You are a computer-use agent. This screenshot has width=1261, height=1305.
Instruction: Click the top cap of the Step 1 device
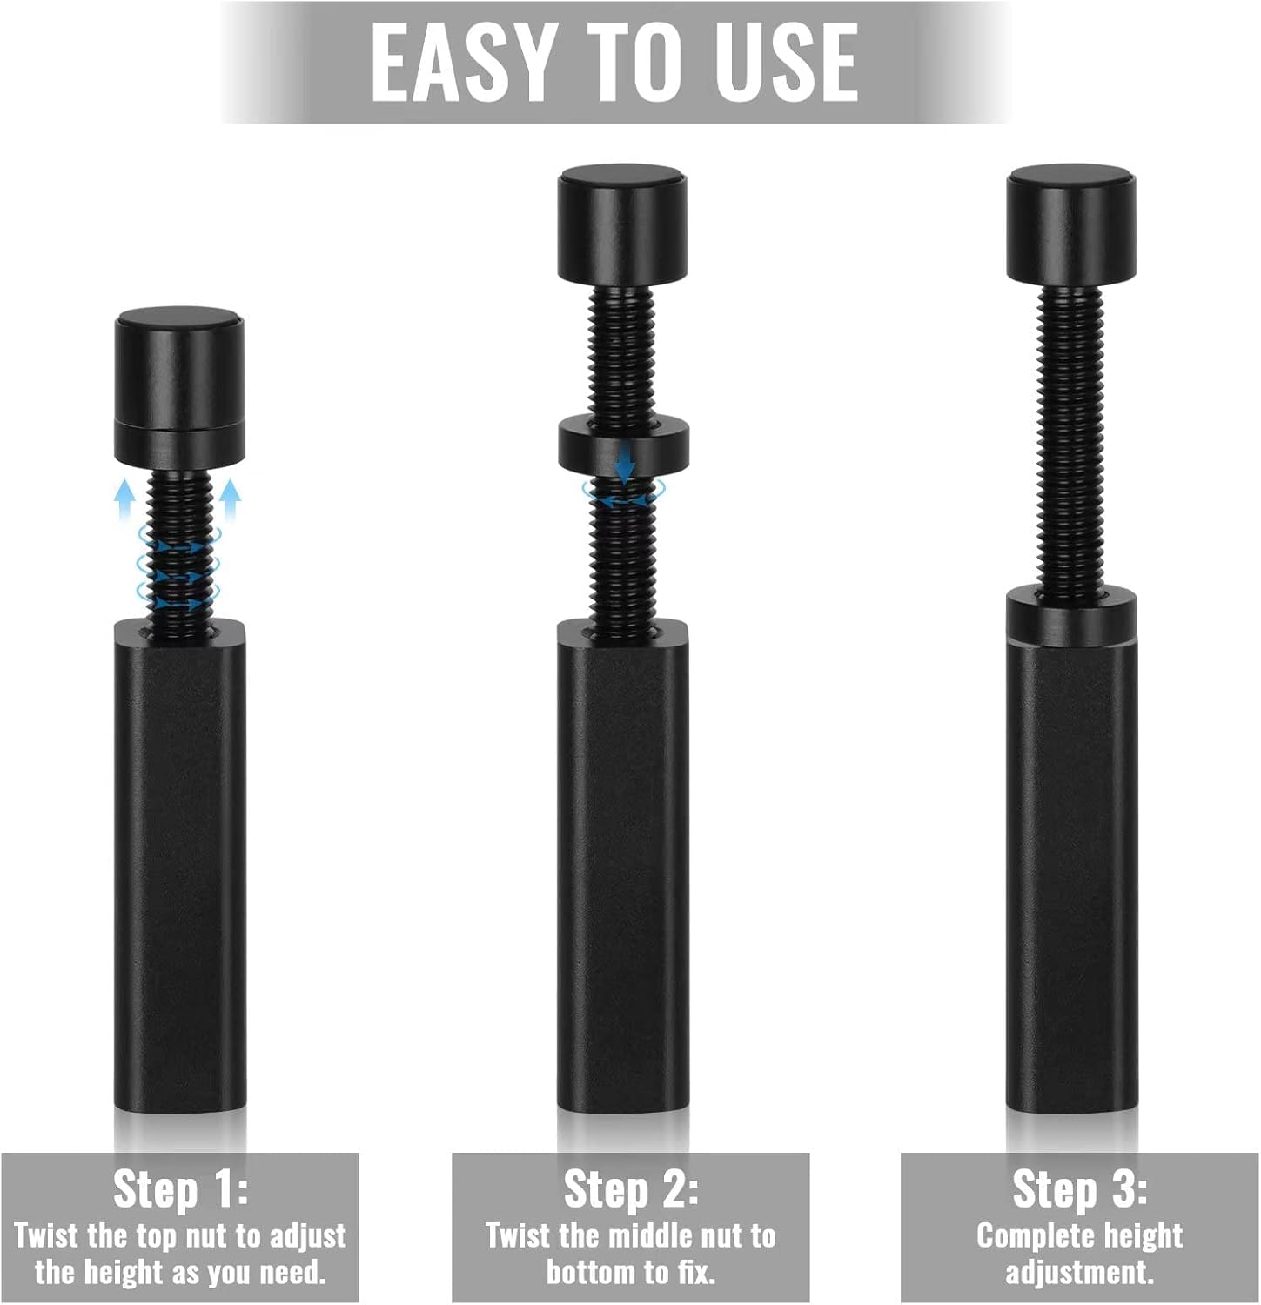click(x=180, y=385)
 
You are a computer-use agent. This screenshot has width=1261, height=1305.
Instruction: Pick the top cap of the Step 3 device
click(x=1072, y=226)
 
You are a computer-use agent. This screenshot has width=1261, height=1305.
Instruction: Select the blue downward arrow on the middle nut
click(x=624, y=460)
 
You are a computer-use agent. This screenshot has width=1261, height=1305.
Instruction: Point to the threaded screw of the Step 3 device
click(x=1072, y=439)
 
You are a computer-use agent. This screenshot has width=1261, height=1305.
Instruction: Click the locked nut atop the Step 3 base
click(x=1072, y=616)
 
